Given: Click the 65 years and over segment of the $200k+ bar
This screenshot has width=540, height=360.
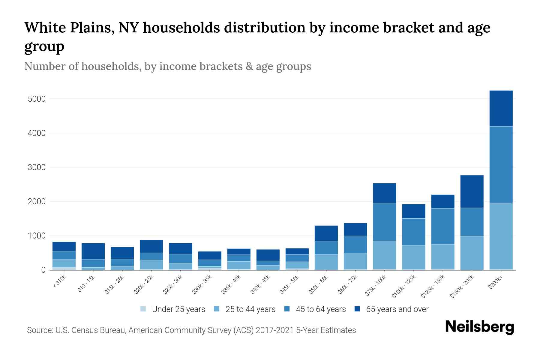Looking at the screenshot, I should (501, 108).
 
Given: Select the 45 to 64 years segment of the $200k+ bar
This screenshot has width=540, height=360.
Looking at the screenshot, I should (501, 164).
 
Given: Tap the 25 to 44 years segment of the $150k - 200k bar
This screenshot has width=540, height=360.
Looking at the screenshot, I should (472, 253).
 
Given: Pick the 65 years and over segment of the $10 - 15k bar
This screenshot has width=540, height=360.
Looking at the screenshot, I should (93, 251).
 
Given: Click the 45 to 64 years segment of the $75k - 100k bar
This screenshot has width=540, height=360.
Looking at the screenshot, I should (384, 222).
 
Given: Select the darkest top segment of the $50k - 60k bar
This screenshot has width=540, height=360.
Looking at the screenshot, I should (326, 233).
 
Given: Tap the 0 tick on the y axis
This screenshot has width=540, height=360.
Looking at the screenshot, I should (43, 270).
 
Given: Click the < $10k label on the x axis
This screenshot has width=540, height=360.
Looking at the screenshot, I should (59, 282).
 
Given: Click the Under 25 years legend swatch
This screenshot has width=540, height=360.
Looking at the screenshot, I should (143, 309).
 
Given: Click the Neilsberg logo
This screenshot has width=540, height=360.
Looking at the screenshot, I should (479, 327).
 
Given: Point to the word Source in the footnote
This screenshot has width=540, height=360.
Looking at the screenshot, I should (39, 330).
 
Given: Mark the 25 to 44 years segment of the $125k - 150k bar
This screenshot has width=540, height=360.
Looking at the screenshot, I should (442, 256).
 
